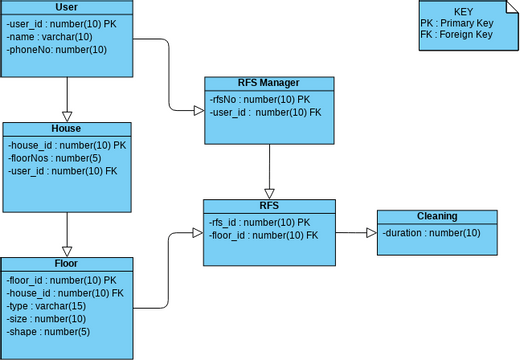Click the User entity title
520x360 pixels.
tap(66, 7)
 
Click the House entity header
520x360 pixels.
tap(66, 129)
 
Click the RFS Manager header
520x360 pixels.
tap(268, 83)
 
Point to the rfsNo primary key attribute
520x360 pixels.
tap(260, 100)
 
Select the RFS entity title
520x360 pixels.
tap(268, 205)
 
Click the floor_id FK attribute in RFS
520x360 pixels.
tap(264, 235)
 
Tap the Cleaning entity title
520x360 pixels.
tap(436, 216)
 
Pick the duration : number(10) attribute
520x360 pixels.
tap(431, 233)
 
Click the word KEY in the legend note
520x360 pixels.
tap(462, 11)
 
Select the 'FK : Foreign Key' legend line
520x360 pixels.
tap(456, 35)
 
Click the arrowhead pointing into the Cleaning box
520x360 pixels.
tap(370, 232)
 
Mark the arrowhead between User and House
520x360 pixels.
tap(66, 115)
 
